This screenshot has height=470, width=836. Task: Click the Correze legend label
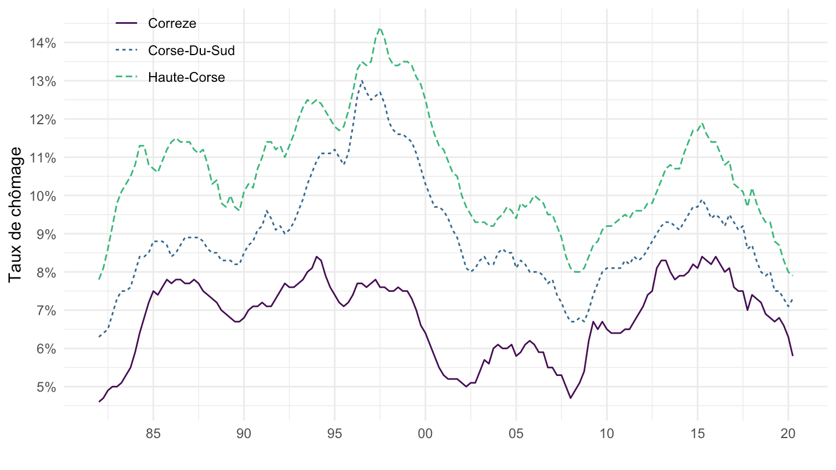(x=172, y=23)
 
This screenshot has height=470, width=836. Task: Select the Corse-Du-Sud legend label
(x=191, y=50)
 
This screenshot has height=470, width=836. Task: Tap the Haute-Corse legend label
(x=186, y=77)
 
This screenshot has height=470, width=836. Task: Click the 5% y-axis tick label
(x=45, y=387)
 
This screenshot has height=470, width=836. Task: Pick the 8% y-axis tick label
(x=45, y=273)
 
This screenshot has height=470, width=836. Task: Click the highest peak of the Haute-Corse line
(x=380, y=28)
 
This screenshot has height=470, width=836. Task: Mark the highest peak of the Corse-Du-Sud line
(x=362, y=81)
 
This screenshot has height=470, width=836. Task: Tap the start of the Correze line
(x=99, y=402)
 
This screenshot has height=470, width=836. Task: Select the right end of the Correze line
(x=792, y=356)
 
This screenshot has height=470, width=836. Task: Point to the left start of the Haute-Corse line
(x=99, y=279)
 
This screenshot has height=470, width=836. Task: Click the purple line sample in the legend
(x=127, y=23)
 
